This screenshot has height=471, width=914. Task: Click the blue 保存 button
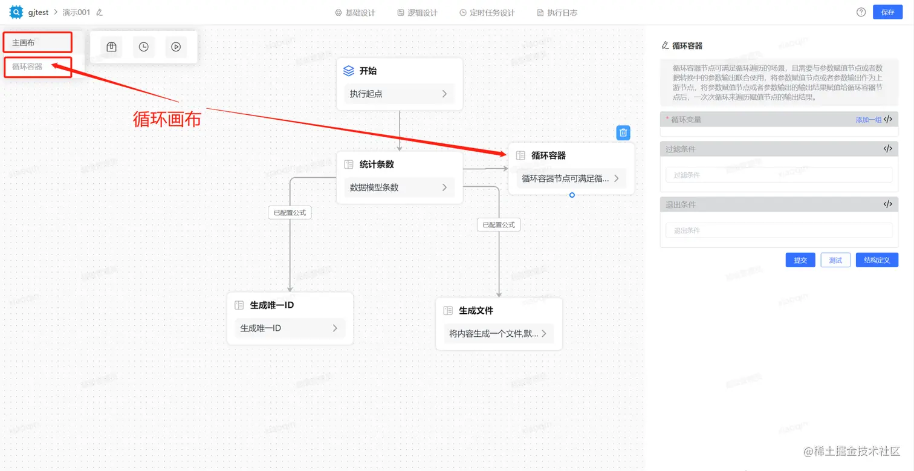point(887,12)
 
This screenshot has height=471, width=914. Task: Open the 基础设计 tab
point(355,12)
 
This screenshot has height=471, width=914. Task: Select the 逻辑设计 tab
point(417,12)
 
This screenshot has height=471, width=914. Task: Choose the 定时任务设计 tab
point(487,12)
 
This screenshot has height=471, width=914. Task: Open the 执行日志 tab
point(557,12)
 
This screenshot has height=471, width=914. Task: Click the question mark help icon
point(861,12)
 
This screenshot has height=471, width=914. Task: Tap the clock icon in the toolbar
point(143,47)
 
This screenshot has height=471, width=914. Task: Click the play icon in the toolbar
point(176,47)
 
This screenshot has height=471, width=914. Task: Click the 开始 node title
point(368,71)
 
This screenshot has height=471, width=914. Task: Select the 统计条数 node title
point(377,164)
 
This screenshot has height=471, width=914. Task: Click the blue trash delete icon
point(623,133)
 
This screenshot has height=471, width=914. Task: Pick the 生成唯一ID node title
point(271,305)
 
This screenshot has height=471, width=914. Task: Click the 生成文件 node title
point(476,310)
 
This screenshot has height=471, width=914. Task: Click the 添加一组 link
point(868,120)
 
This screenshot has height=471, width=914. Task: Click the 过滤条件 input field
point(779,175)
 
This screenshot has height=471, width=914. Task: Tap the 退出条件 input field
point(779,230)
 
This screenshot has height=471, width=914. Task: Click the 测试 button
point(835,260)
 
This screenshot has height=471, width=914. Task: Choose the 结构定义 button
point(877,260)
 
